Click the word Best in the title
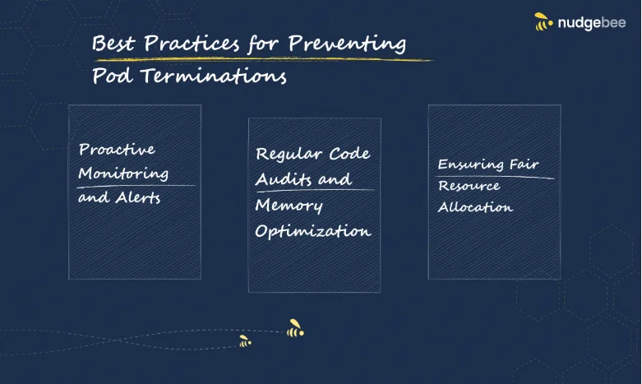tap(113, 43)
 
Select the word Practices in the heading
tap(192, 43)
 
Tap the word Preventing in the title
tap(347, 44)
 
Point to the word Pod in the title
tap(112, 76)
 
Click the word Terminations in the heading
tap(214, 76)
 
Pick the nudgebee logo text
tap(592, 22)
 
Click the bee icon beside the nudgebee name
tap(543, 21)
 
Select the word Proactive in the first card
tap(117, 149)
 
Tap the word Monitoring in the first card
tap(123, 173)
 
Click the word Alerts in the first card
tap(137, 197)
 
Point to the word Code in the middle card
tap(349, 154)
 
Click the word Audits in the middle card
tap(284, 179)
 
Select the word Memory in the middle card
tap(289, 206)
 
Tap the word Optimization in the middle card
tap(313, 231)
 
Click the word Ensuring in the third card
tap(471, 164)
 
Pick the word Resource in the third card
tap(469, 186)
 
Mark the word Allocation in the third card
tap(475, 207)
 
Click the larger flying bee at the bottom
tap(295, 328)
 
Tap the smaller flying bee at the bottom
tap(245, 341)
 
